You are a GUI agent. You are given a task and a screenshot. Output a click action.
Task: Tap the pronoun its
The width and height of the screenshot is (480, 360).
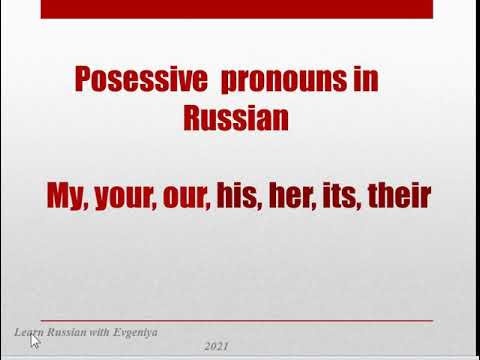[336, 196]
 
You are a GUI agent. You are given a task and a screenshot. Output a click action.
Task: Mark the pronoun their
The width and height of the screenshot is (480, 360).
[396, 196]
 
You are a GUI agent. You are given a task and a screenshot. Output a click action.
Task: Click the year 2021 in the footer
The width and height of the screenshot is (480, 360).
[216, 346]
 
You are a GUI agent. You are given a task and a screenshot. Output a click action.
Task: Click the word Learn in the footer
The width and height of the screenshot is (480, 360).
[28, 331]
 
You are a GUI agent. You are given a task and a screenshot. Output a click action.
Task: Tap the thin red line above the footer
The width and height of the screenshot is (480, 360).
[240, 319]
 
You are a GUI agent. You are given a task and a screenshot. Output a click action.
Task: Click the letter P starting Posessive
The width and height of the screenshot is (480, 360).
[85, 79]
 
